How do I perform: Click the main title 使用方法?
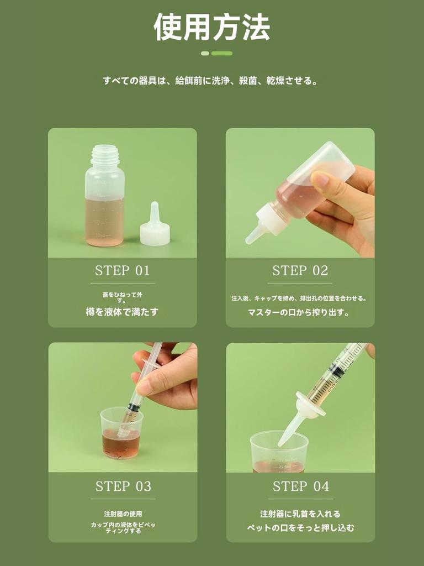[x=212, y=28]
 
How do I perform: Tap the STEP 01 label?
[x=122, y=271]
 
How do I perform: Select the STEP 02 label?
[x=300, y=271]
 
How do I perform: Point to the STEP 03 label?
[x=123, y=486]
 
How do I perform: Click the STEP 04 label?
[x=301, y=486]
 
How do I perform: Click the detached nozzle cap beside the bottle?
[x=155, y=226]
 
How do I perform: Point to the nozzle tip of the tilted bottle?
[x=249, y=240]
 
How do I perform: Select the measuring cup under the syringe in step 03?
[x=121, y=433]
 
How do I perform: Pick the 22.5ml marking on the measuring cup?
[x=284, y=467]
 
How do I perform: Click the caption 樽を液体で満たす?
[x=122, y=312]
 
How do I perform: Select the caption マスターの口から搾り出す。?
[x=299, y=312]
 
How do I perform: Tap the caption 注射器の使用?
[x=123, y=513]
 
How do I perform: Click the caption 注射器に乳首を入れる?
[x=300, y=513]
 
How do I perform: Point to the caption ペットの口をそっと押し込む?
[x=300, y=528]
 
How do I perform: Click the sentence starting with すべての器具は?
[x=210, y=81]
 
